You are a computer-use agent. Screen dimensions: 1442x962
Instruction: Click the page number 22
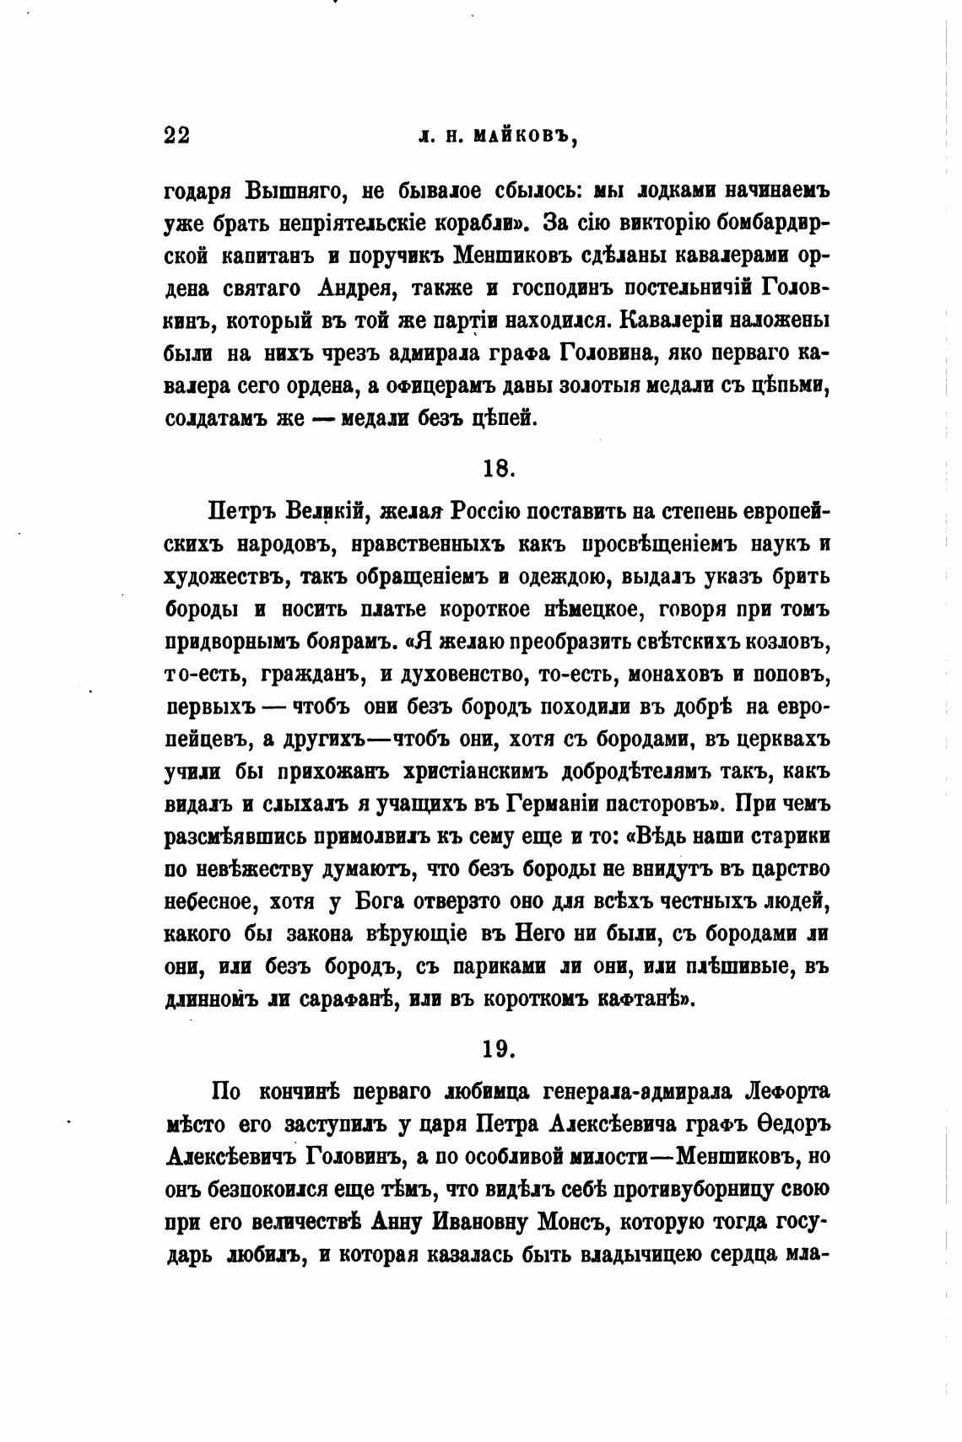point(177,137)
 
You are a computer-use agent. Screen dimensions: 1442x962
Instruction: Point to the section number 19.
point(499,1048)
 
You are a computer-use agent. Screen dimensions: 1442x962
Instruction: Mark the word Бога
point(380,901)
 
